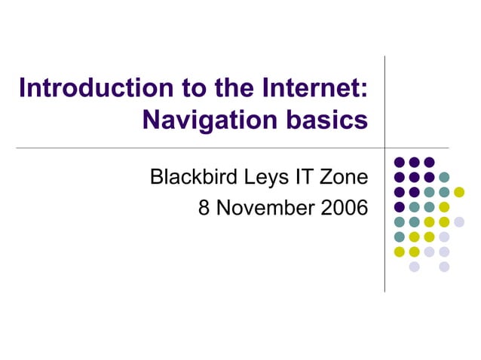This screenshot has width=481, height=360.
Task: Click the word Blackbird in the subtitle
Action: point(193,178)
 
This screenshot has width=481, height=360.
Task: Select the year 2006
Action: point(344,207)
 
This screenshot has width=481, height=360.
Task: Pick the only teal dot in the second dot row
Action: point(444,177)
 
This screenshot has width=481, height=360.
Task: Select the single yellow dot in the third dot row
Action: point(459,191)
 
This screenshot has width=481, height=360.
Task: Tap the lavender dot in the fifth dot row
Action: point(459,221)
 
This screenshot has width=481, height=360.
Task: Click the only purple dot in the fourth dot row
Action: point(400,206)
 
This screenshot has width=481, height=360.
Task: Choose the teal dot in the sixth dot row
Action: point(400,236)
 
